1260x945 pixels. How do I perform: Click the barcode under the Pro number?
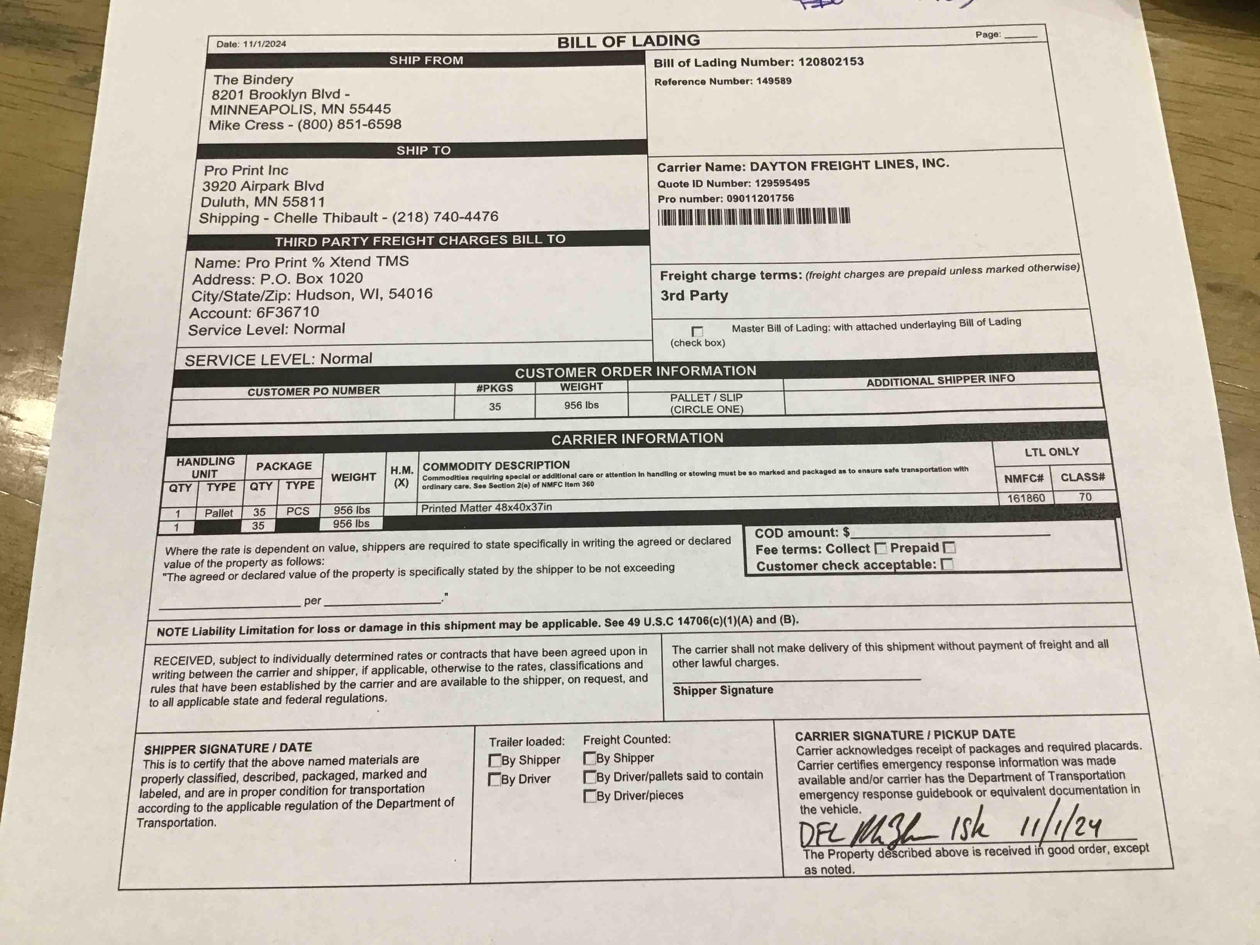(754, 217)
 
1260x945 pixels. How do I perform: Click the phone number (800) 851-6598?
(349, 124)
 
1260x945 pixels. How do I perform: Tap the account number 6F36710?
(288, 312)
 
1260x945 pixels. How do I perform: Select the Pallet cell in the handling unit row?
(219, 513)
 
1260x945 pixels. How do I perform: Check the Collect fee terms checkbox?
(881, 548)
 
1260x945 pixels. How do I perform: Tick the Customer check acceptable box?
(947, 564)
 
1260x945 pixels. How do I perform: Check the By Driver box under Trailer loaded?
(495, 779)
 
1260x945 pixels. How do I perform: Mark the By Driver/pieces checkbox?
(589, 796)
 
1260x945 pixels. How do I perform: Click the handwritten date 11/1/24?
(1060, 826)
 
